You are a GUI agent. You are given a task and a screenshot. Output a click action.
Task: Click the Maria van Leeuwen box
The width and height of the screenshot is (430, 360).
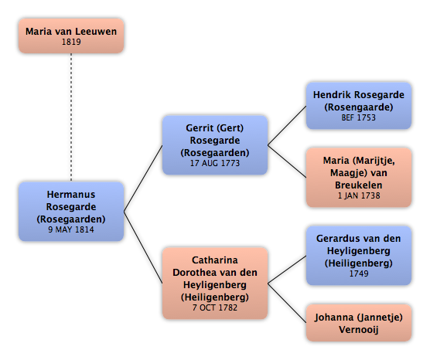coord(71,36)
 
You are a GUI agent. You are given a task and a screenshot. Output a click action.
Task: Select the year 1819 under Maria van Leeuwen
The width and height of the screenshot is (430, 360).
coord(71,42)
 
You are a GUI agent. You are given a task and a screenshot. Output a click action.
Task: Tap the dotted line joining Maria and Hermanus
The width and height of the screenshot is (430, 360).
coord(71,117)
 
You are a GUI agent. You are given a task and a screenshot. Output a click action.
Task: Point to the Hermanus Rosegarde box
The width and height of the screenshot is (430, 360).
coord(71,211)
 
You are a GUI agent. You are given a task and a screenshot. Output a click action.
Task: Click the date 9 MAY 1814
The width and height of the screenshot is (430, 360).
coord(71,229)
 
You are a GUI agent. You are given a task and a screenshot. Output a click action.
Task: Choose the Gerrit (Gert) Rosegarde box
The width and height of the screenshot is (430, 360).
coord(215,145)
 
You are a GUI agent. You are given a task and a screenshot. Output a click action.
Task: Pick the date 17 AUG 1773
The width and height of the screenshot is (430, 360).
coord(215,163)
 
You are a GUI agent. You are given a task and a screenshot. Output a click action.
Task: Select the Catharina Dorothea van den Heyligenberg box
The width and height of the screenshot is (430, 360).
coord(215,284)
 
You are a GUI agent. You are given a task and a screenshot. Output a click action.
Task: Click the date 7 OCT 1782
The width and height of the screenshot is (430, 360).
coord(215,307)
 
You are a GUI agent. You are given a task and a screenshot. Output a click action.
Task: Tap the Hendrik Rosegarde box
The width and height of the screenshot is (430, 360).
coord(359,106)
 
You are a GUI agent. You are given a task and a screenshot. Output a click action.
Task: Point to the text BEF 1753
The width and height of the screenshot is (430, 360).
coord(359,117)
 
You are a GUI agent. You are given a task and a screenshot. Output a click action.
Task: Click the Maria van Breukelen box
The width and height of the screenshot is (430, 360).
coord(359,177)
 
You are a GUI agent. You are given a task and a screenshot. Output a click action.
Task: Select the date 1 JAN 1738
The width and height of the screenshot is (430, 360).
coord(359,195)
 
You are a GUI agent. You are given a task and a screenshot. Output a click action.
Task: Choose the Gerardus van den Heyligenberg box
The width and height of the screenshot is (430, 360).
coord(359,256)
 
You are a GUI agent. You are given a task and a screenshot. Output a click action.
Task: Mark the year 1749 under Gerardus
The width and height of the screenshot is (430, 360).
coord(359,273)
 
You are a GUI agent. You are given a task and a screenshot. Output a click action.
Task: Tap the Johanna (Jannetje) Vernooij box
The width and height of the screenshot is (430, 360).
coord(359,323)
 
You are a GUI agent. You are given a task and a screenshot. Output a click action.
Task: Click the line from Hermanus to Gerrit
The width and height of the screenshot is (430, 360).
coord(143,178)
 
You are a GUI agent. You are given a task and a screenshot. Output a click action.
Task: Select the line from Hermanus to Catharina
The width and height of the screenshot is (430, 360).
coord(143,247)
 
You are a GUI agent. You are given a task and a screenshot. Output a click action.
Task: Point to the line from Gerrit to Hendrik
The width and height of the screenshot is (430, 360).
coord(287,125)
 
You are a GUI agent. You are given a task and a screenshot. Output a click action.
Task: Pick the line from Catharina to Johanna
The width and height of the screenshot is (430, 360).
coord(287,303)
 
